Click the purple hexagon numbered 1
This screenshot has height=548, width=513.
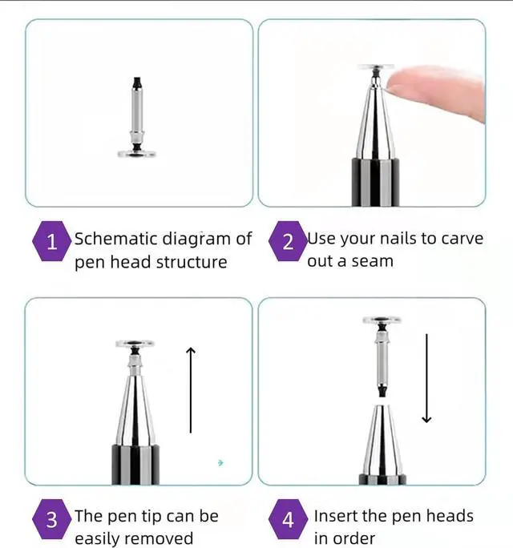tap(51, 241)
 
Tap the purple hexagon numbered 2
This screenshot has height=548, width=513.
tap(288, 241)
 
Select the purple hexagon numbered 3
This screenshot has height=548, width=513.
tap(51, 519)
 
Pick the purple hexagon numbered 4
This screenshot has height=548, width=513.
tap(288, 519)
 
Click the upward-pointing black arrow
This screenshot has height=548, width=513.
tap(191, 390)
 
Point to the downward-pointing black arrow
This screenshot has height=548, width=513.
tap(426, 378)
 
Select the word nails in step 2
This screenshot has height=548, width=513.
tap(398, 239)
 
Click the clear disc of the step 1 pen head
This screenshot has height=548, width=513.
tap(137, 154)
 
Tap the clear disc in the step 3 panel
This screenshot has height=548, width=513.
tap(135, 344)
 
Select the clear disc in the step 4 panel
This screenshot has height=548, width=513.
tap(382, 320)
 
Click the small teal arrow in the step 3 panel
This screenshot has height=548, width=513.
tap(220, 463)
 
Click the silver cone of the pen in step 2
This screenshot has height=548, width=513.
tap(375, 120)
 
